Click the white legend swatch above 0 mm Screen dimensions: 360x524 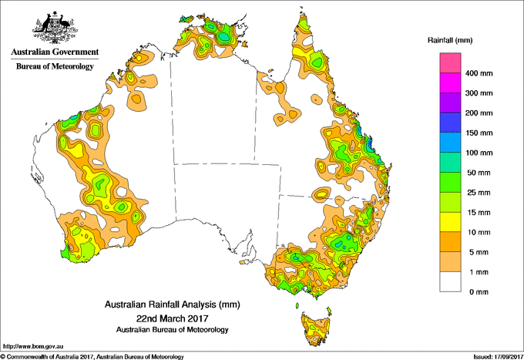[x=451, y=281]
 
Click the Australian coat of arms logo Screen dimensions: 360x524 [x=54, y=26]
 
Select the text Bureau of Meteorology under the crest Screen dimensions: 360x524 [x=54, y=66]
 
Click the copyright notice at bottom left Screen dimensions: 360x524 [x=92, y=355]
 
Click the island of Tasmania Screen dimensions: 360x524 [x=317, y=327]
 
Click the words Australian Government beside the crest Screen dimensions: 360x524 [x=54, y=52]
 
